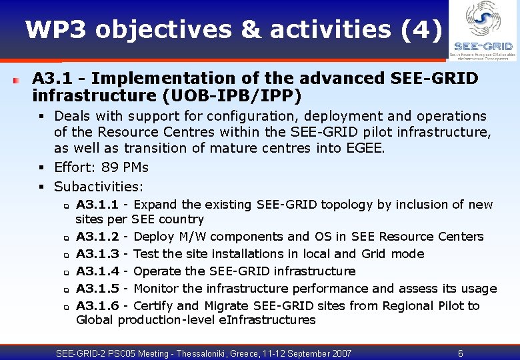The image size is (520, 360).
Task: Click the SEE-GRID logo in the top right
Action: click(x=483, y=30)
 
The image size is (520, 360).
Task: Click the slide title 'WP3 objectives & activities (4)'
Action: click(x=233, y=29)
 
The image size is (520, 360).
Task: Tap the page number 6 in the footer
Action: click(x=460, y=353)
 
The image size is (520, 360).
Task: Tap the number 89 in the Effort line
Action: click(x=110, y=167)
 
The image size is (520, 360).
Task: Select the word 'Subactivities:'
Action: click(x=99, y=187)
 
